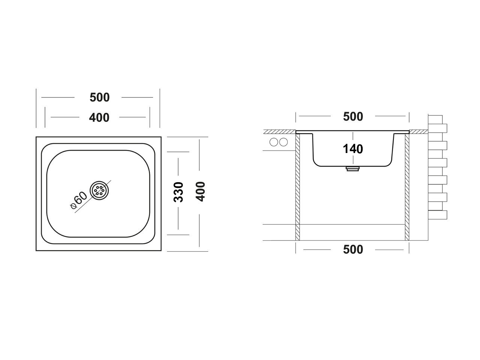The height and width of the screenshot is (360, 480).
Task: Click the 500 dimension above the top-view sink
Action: tap(99, 97)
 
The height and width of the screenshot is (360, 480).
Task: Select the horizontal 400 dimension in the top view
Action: tap(99, 117)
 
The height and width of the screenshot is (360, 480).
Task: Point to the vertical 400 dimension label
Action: tap(201, 192)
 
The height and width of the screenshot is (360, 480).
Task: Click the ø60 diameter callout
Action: tap(79, 199)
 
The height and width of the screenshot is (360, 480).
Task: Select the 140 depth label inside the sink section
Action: tap(353, 149)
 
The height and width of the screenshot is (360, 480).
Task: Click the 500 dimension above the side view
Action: tap(353, 117)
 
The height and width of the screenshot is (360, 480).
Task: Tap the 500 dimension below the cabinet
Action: tap(353, 249)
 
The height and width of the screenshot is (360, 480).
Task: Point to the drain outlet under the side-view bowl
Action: tap(352, 169)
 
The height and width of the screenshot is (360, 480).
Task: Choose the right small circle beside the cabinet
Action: tap(283, 142)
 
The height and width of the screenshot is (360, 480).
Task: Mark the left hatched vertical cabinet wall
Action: tap(298, 187)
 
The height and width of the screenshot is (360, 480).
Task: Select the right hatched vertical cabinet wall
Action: tap(407, 187)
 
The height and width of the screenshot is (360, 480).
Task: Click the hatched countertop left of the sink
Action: tap(279, 132)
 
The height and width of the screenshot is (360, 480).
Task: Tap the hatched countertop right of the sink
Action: tap(418, 132)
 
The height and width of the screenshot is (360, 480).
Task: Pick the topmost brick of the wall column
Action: tap(435, 119)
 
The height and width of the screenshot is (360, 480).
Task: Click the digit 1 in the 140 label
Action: tap(346, 149)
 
